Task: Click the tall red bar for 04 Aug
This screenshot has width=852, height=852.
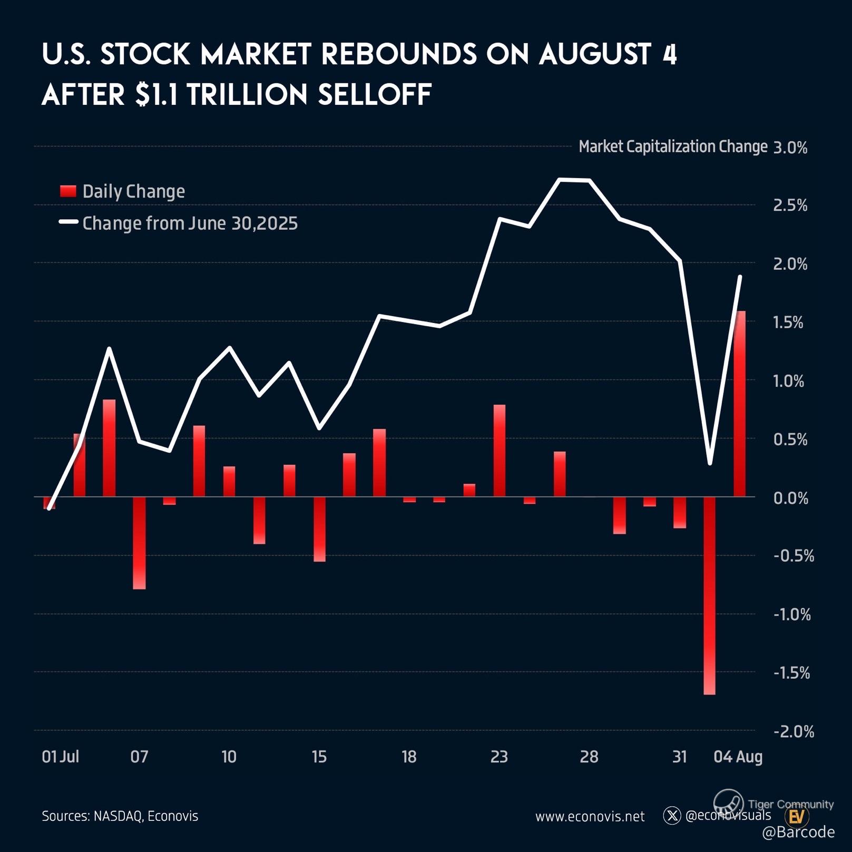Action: point(740,403)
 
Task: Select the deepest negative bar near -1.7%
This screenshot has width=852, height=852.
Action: point(709,595)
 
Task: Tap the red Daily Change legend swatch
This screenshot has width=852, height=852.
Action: point(68,191)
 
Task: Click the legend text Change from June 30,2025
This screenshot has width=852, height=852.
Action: point(190,223)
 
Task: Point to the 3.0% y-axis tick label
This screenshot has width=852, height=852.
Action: point(790,148)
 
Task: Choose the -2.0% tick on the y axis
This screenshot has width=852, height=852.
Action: point(794,731)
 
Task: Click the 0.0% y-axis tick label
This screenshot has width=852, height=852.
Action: point(790,497)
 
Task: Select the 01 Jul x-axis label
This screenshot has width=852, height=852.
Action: point(60,757)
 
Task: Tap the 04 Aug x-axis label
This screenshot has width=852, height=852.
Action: point(738,757)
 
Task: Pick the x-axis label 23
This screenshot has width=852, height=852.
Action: point(499,757)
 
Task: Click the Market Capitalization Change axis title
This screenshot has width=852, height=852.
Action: point(673,146)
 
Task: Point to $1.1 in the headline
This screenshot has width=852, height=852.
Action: point(156,95)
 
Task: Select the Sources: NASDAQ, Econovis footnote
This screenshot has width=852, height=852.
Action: point(120,816)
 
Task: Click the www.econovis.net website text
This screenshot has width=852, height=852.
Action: point(590,817)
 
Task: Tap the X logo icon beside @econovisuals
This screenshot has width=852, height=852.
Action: point(672,816)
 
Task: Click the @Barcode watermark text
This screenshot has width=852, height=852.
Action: point(798,832)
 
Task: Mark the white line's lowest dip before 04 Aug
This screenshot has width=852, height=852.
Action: point(710,463)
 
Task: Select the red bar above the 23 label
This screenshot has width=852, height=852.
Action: point(499,451)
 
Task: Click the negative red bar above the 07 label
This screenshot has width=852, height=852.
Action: point(139,543)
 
